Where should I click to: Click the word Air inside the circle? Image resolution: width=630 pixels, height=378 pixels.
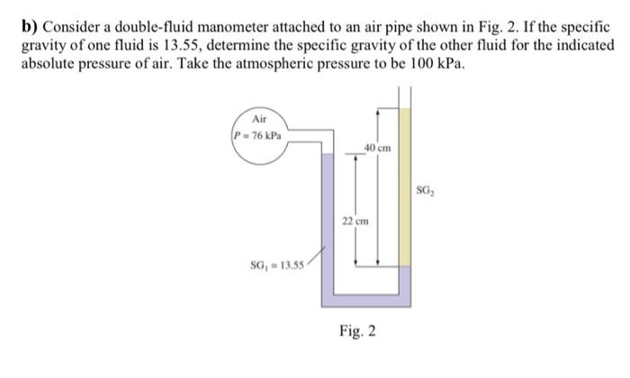(261, 118)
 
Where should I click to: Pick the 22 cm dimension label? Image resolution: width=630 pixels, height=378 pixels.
(354, 219)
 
